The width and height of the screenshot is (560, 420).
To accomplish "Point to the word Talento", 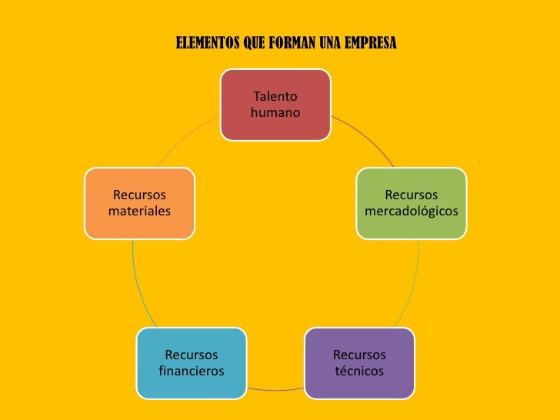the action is pyautogui.click(x=275, y=97).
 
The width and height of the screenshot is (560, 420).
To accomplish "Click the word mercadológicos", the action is pyautogui.click(x=411, y=210).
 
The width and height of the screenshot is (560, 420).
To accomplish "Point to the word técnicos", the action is pyautogui.click(x=359, y=371).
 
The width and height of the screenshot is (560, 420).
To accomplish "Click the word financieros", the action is pyautogui.click(x=191, y=371).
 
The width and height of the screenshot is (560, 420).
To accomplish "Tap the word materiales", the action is pyautogui.click(x=139, y=210).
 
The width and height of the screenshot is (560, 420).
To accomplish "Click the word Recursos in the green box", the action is pyautogui.click(x=411, y=195).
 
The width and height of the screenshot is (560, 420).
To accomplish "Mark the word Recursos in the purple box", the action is pyautogui.click(x=359, y=355).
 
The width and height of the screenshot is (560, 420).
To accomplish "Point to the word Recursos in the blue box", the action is pyautogui.click(x=191, y=355).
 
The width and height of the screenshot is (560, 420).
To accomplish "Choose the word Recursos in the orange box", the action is pyautogui.click(x=139, y=195).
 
